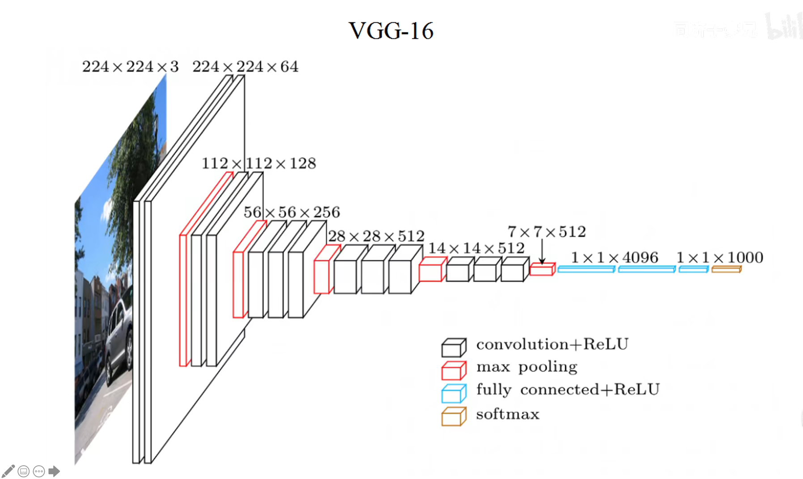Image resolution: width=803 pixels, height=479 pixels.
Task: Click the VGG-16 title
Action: (391, 31)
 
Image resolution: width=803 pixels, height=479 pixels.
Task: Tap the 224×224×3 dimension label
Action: (130, 67)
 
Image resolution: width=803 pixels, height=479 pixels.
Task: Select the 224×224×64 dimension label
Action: (245, 67)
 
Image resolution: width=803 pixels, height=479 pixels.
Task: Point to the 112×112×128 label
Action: (259, 163)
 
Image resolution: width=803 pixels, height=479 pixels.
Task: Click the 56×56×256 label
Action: (292, 212)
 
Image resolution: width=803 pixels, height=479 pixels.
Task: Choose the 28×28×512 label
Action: (376, 236)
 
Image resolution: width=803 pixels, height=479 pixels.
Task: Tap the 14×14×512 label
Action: (476, 248)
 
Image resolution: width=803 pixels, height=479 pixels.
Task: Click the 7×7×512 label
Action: (547, 232)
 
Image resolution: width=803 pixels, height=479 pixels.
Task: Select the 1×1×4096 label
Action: (615, 258)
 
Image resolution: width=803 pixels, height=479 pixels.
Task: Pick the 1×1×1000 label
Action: (720, 258)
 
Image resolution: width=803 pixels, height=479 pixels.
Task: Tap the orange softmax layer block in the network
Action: (727, 269)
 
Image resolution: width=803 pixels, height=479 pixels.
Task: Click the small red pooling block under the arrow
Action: (542, 269)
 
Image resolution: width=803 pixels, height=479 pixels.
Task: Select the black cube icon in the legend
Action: (454, 348)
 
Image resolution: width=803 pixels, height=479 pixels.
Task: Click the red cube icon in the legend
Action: (454, 370)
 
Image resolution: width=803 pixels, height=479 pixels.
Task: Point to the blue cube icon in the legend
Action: (454, 393)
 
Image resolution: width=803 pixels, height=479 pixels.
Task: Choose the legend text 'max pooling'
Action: (527, 367)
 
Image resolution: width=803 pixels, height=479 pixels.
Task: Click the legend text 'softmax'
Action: (508, 414)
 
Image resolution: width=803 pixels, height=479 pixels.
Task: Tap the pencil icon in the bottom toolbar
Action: (8, 471)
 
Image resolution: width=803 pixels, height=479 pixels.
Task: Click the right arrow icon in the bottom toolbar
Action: (54, 471)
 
